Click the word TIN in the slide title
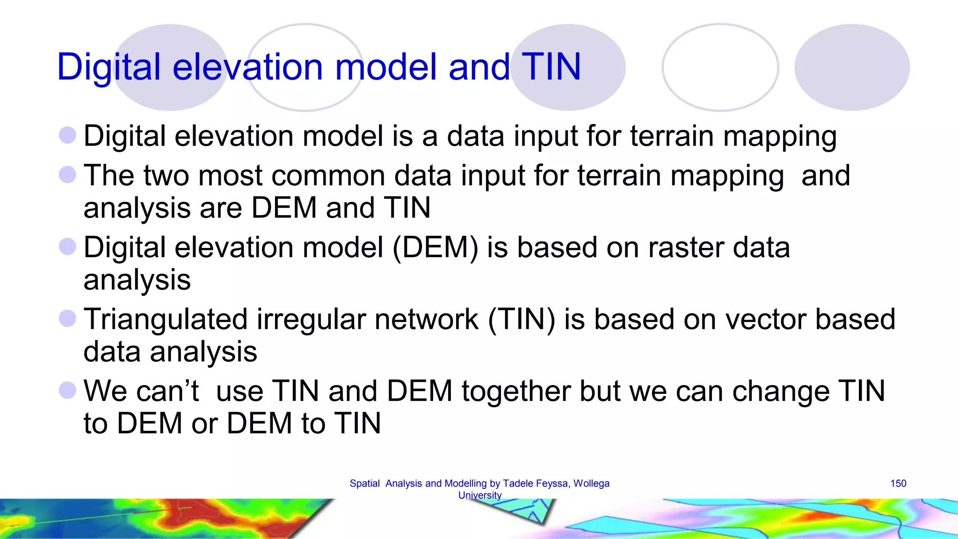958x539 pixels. pos(551,66)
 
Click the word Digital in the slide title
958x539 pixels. pos(109,66)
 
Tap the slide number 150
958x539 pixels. pos(898,483)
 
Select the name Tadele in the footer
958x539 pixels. pos(517,483)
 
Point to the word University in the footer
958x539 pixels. pos(479,495)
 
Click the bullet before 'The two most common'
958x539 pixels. pos(67,175)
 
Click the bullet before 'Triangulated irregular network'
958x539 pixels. pos(67,319)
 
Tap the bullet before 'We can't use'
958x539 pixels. pos(67,390)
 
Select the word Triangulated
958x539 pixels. pos(165,320)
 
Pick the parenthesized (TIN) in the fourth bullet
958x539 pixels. pos(521,320)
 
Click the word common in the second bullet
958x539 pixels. pos(328,176)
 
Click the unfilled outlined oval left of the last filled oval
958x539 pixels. pos(720,67)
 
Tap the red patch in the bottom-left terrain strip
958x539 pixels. pos(187,515)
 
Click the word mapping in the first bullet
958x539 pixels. pos(780,137)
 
